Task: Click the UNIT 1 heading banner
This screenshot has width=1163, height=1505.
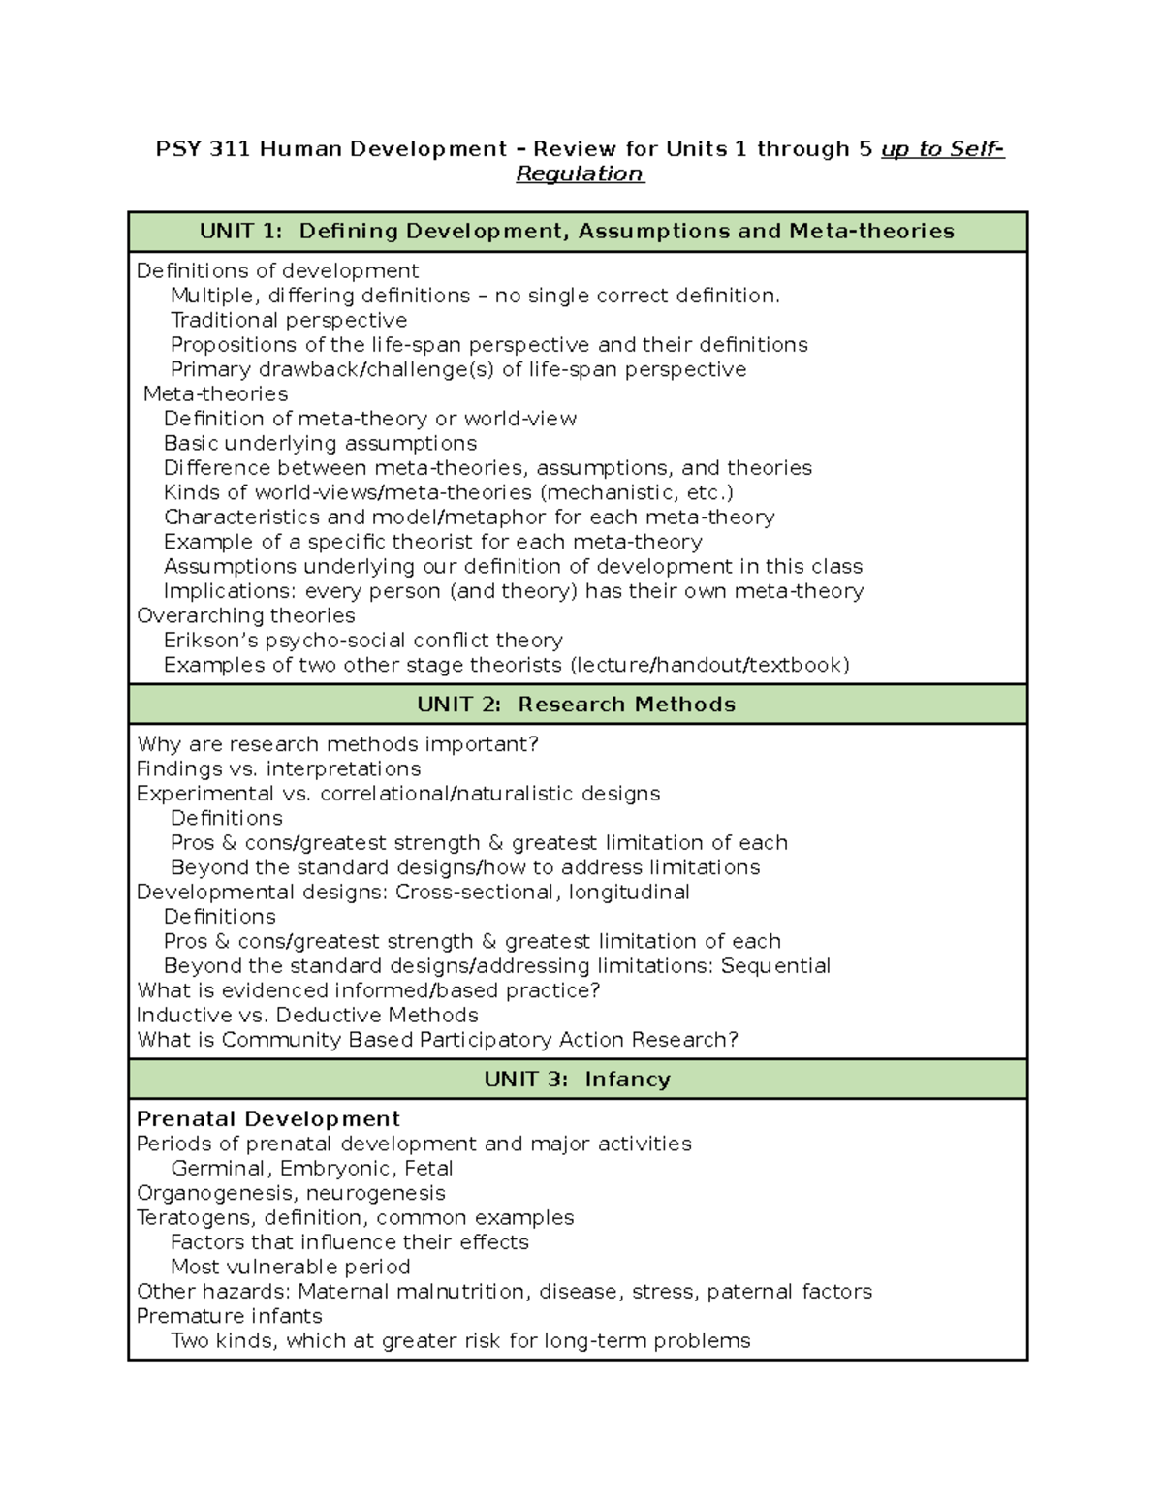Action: pos(577,231)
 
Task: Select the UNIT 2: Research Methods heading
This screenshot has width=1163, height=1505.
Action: pos(577,705)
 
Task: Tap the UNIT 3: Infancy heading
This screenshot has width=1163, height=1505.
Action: pos(577,1080)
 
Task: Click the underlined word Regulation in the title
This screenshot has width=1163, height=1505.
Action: pos(580,174)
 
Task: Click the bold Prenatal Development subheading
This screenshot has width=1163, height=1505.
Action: pos(268,1119)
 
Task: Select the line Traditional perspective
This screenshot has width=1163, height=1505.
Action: pos(289,321)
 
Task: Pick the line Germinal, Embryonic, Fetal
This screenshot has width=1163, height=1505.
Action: pos(311,1169)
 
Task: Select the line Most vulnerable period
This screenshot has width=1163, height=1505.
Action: pos(290,1268)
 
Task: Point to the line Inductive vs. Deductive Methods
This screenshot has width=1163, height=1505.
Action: pos(307,1016)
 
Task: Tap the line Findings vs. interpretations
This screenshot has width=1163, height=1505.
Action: pos(278,769)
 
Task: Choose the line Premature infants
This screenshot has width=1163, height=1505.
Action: pos(230,1317)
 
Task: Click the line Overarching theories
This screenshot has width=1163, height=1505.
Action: pos(245,616)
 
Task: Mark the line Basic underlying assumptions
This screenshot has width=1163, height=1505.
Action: pos(320,444)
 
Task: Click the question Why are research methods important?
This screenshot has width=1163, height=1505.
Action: pos(337,744)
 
